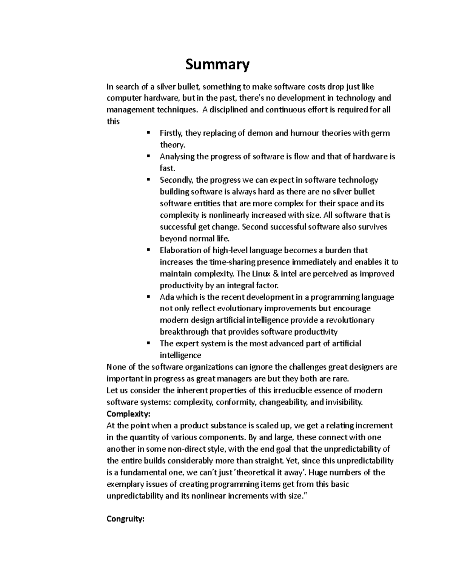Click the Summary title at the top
pyautogui.click(x=217, y=65)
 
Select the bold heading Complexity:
pyautogui.click(x=128, y=414)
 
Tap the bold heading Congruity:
pyautogui.click(x=125, y=519)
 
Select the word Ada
pyautogui.click(x=166, y=297)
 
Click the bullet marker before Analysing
pyautogui.click(x=148, y=156)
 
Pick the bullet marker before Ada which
pyautogui.click(x=148, y=296)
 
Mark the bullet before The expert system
pyautogui.click(x=148, y=343)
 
